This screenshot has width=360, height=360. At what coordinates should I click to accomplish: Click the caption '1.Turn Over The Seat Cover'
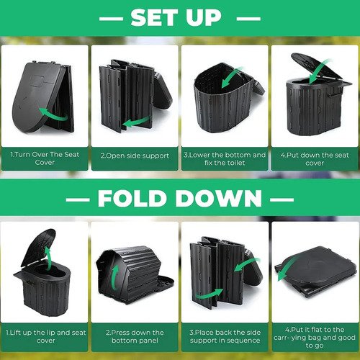click(x=45, y=158)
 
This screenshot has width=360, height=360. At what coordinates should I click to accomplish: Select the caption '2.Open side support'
click(x=135, y=156)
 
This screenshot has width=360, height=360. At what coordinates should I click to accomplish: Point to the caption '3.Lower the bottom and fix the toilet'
click(x=225, y=158)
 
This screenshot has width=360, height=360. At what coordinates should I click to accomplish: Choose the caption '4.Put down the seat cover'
click(x=315, y=159)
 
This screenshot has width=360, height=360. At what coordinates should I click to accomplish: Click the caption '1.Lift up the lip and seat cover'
click(x=45, y=336)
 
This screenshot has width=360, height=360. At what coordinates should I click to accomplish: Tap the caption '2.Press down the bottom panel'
click(x=135, y=336)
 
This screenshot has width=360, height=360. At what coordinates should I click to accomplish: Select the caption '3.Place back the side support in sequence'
click(x=225, y=336)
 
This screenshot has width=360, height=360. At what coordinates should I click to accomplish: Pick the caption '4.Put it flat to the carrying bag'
click(x=315, y=338)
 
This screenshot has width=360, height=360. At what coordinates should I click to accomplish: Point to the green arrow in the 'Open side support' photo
click(x=137, y=122)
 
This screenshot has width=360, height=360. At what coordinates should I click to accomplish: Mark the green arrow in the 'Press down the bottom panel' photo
click(x=116, y=278)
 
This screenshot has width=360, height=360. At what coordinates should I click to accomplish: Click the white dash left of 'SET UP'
click(x=111, y=19)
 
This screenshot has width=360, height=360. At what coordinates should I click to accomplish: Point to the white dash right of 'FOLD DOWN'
click(x=282, y=199)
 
